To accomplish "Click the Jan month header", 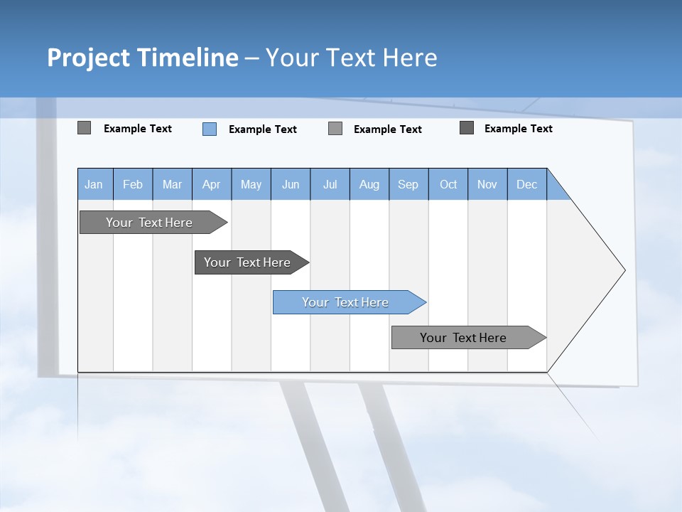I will (94, 185).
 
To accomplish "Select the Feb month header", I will (133, 185).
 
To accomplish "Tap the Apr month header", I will (211, 185).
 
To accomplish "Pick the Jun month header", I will (291, 185).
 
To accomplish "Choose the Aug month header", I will (369, 185).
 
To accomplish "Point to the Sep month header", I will (408, 185).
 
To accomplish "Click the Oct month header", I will (448, 185).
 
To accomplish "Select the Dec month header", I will (526, 185).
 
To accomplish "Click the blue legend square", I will (210, 129).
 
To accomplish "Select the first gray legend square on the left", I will (84, 128).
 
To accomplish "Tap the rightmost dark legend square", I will (467, 128).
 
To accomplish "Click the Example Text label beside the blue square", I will (262, 129).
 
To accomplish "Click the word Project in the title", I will (90, 58).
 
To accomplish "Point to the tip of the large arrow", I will (623, 270).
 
